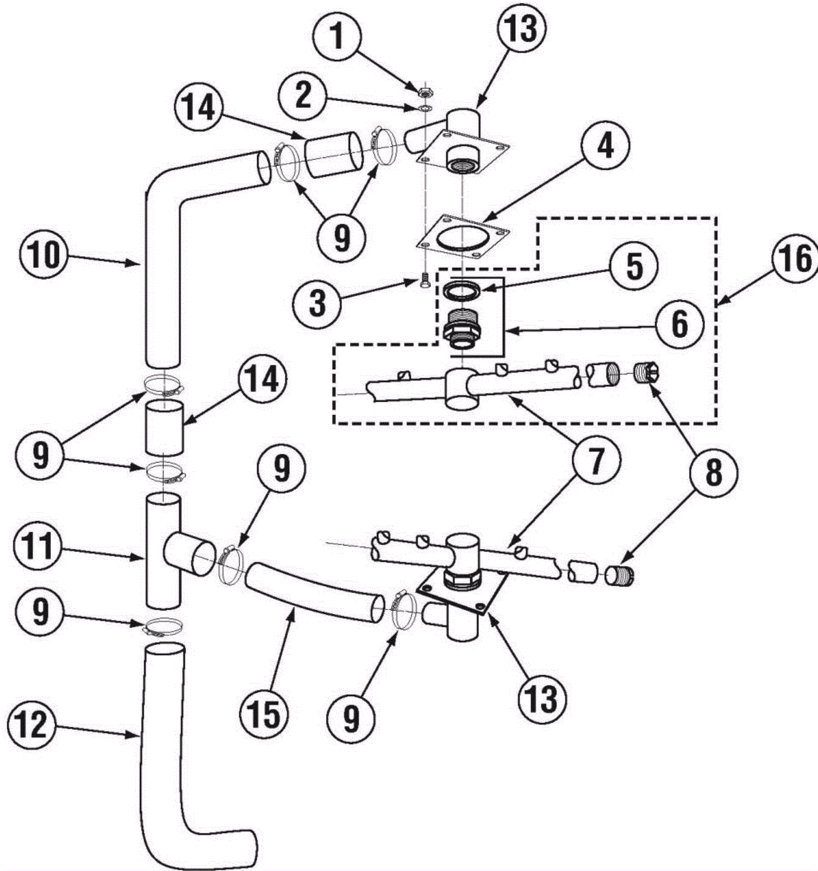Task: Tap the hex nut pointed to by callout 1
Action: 424,93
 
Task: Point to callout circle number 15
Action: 265,714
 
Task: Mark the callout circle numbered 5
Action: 634,266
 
